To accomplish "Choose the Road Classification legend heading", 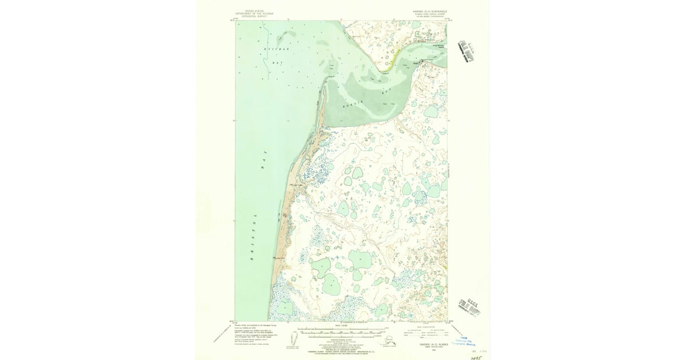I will [421, 326].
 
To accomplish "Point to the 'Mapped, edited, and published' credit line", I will [255, 325].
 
